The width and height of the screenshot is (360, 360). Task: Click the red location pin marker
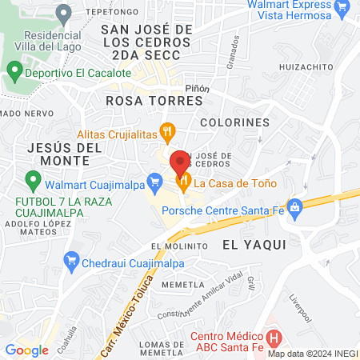pos(179,164)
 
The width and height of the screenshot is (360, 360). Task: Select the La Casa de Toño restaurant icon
pos(184,183)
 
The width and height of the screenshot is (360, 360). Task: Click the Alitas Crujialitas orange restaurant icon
pos(166,130)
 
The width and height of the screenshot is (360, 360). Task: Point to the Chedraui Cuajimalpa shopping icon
pos(71,259)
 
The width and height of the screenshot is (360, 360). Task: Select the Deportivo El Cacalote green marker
pos(14,72)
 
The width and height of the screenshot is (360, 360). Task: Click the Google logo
pos(26,350)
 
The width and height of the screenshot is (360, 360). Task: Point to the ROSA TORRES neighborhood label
pos(141,101)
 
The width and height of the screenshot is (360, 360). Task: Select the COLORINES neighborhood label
pos(234,122)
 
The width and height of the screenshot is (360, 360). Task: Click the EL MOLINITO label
pos(172,246)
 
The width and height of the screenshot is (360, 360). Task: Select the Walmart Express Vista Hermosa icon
pos(342,9)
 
